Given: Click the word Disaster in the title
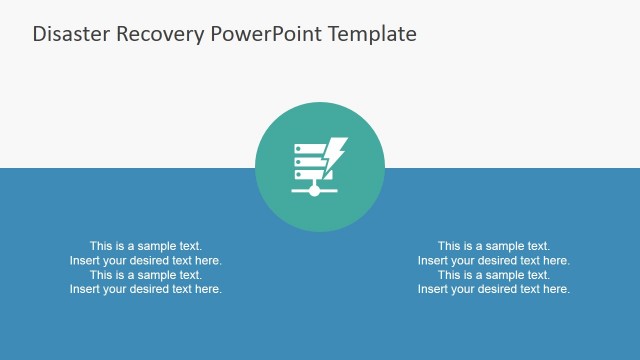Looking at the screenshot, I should click(68, 34).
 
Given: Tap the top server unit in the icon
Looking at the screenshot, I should click(308, 148).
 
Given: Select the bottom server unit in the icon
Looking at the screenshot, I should click(308, 172).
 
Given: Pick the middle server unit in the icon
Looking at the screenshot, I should click(308, 160).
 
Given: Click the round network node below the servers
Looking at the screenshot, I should click(314, 190).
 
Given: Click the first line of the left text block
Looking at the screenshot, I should click(146, 246).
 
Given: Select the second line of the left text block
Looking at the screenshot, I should click(146, 260).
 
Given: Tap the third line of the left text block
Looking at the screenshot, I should click(146, 275).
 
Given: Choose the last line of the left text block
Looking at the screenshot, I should click(146, 289).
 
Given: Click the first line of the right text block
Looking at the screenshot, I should click(494, 246).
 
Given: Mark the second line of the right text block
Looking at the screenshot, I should click(494, 260).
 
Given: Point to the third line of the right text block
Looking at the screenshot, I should click(494, 275).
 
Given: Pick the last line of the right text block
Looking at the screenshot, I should click(494, 289).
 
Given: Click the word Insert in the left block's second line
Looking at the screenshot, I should click(85, 260).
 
